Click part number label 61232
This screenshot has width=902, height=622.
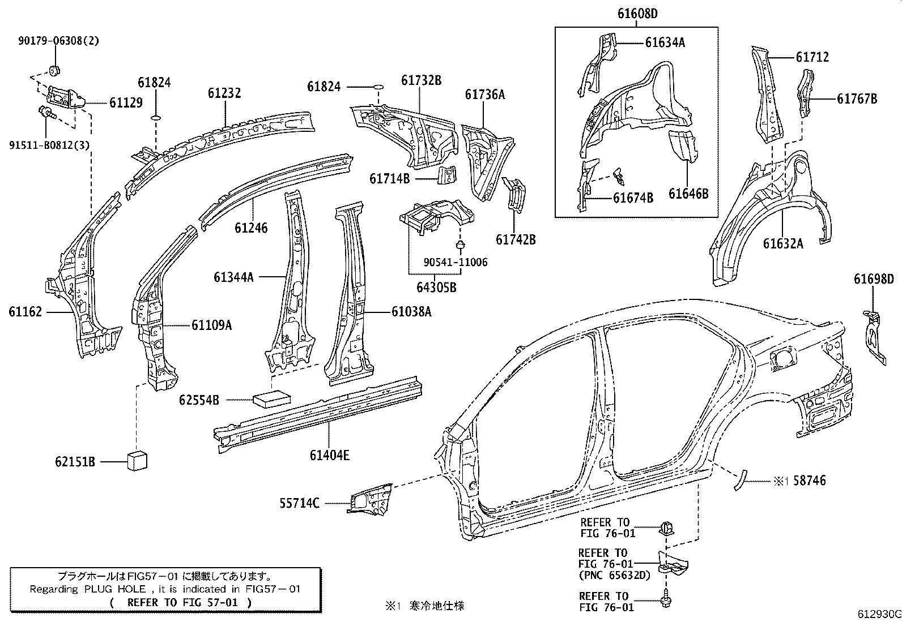click(224, 93)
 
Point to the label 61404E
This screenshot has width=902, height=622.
click(330, 454)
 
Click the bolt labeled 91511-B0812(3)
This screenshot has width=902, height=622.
click(45, 113)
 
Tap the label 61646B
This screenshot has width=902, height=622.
click(688, 194)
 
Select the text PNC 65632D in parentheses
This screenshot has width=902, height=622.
click(614, 575)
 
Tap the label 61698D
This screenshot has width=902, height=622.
click(874, 278)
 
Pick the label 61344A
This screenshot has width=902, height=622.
click(233, 277)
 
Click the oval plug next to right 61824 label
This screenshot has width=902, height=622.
click(378, 87)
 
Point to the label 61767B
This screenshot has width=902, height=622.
click(857, 98)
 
